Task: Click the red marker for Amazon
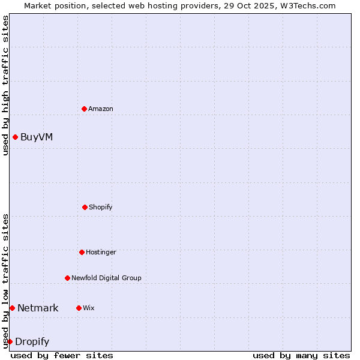tap(84, 109)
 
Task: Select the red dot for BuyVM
tap(15, 137)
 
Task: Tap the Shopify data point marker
tap(85, 207)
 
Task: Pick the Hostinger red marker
tap(82, 252)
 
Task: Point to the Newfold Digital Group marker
tap(67, 278)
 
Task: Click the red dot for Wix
tap(79, 308)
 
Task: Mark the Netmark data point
tap(12, 308)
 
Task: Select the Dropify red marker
tap(10, 341)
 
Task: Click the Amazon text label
tap(101, 109)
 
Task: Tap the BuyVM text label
tap(37, 137)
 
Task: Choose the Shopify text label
tap(101, 207)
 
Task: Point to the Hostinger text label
tap(101, 252)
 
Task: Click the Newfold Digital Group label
tap(106, 278)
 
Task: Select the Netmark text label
tap(38, 308)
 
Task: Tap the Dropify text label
tap(32, 341)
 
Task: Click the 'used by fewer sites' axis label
tap(62, 355)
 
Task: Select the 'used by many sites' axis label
tap(301, 355)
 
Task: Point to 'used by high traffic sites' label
tap(5, 85)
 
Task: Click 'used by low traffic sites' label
tap(5, 281)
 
